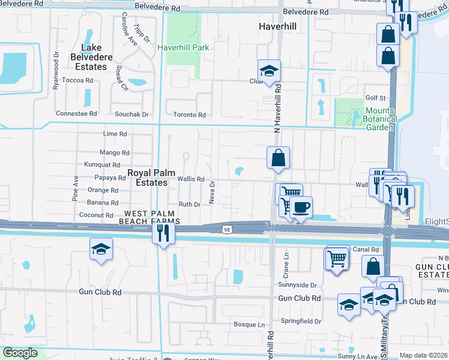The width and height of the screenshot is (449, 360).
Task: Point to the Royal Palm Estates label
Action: click(x=148, y=178)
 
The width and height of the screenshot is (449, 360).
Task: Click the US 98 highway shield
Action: click(x=226, y=230)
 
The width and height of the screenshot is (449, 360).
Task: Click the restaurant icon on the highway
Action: click(x=163, y=233)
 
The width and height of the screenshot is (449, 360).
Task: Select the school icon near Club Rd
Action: click(x=270, y=71)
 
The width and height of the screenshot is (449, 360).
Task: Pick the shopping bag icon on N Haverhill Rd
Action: click(x=279, y=159)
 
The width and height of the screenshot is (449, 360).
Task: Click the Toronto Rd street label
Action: click(x=189, y=115)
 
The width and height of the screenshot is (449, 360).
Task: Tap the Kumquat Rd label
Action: click(x=103, y=164)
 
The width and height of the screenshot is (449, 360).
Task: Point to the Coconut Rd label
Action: click(x=96, y=215)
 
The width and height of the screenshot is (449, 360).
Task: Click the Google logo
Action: click(x=21, y=353)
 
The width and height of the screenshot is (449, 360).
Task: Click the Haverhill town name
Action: click(x=278, y=27)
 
